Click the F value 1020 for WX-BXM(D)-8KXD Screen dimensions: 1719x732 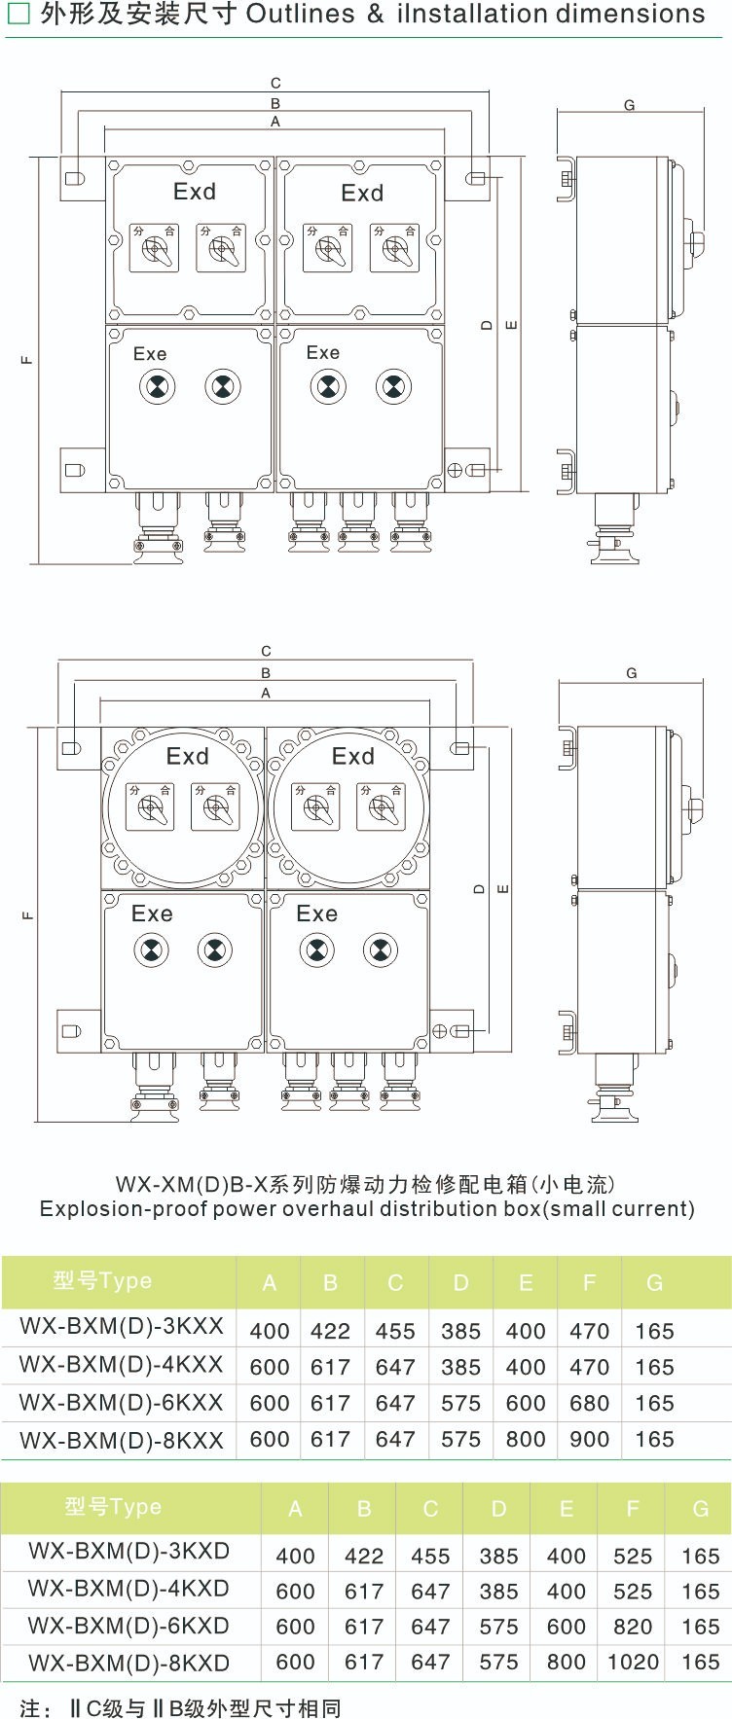[x=633, y=1662]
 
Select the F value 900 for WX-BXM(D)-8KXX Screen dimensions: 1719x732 [x=589, y=1439]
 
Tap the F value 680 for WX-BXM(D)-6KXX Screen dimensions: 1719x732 [x=589, y=1403]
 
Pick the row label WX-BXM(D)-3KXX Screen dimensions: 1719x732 [x=121, y=1326]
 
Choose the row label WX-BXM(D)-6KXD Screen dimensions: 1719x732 [x=128, y=1626]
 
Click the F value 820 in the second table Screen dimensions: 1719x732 [x=633, y=1627]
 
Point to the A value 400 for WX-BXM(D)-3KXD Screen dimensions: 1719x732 [x=295, y=1556]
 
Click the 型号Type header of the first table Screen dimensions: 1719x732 [x=102, y=1281]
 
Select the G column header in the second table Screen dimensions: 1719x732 [x=700, y=1509]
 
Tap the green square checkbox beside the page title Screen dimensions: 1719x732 [x=18, y=15]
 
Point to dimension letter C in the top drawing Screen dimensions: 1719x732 [x=275, y=84]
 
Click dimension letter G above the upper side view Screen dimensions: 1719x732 [x=629, y=105]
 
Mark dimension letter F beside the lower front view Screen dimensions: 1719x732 [x=28, y=915]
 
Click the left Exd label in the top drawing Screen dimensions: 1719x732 [x=194, y=192]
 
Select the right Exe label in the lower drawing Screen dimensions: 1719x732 [x=316, y=913]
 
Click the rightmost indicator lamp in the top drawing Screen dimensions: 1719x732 [x=392, y=387]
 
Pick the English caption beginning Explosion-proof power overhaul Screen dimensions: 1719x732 [x=367, y=1209]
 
